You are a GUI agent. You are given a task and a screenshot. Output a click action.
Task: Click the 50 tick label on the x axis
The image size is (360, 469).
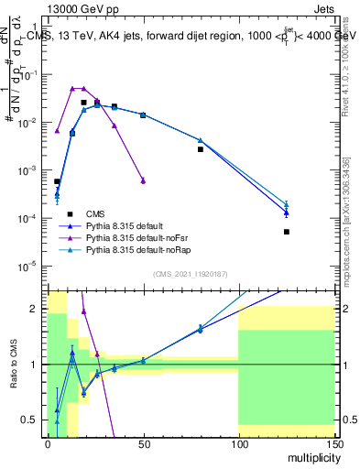point(143,444)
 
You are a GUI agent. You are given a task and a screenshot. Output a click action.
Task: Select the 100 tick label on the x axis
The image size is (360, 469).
point(238,444)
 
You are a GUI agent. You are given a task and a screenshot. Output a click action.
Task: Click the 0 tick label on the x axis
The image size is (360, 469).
point(48,444)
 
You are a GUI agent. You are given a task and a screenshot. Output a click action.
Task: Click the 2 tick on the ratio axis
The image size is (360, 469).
point(38,309)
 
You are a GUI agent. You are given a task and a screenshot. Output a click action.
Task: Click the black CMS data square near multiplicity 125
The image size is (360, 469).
point(286,232)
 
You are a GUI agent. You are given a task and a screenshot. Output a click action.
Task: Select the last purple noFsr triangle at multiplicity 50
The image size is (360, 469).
point(143,180)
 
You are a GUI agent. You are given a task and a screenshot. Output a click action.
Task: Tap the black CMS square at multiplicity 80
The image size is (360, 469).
point(200,148)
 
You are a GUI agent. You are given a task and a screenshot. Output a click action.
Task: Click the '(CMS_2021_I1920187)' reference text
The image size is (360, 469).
point(191,274)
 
